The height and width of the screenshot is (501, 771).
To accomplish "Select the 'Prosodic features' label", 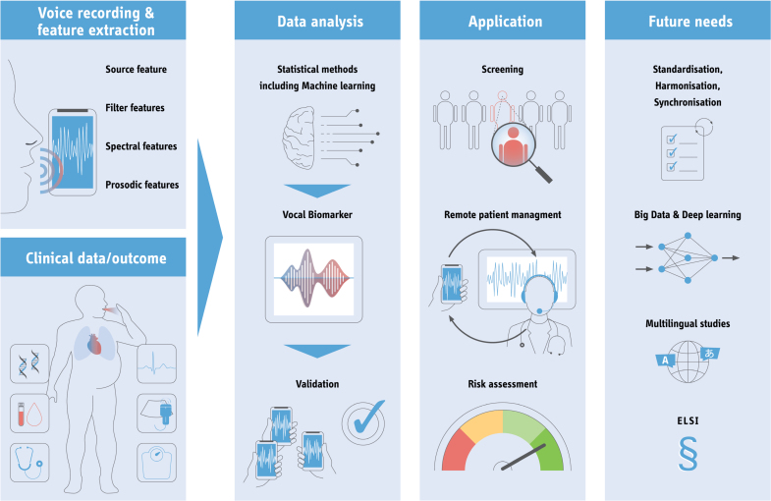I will point(141,185).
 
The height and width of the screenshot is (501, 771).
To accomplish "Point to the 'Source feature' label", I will point(136,69).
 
